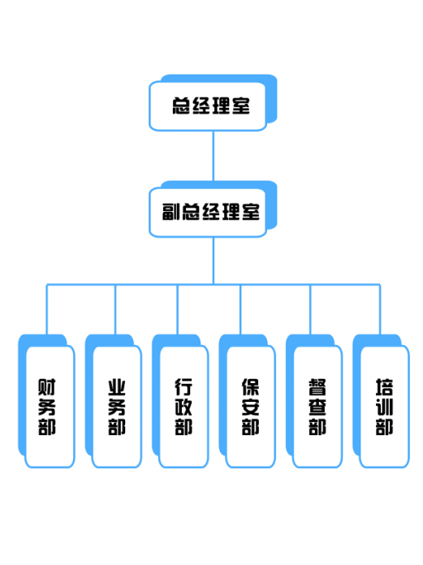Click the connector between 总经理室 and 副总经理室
tap(214, 156)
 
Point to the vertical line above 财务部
tap(47, 309)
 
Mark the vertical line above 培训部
tap(380, 309)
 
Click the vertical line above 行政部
tap(178, 309)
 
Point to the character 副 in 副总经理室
tap(170, 212)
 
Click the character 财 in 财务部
tap(47, 387)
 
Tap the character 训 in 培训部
tap(384, 408)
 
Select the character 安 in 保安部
tap(250, 408)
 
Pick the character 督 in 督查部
tap(317, 387)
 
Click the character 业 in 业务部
tap(117, 387)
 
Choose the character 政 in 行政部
tap(183, 408)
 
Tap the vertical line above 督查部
tap(310, 309)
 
